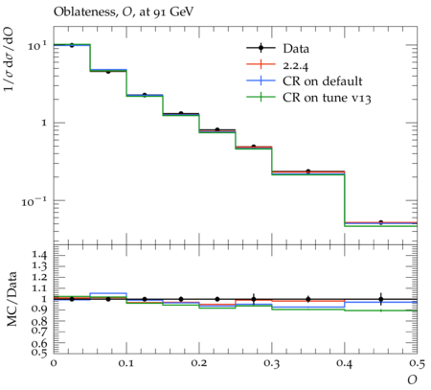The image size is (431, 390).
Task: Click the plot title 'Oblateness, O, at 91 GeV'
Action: [x=124, y=12]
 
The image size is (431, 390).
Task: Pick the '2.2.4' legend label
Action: [x=296, y=65]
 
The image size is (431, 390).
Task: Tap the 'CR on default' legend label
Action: [x=323, y=81]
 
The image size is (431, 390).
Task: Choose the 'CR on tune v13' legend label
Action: [x=327, y=98]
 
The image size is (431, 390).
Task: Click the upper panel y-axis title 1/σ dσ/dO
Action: [x=9, y=58]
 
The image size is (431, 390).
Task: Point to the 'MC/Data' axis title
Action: [x=11, y=299]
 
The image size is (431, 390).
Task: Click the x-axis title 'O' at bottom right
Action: [x=412, y=379]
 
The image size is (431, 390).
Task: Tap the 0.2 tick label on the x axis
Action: [x=199, y=363]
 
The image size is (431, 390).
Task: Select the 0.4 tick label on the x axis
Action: [x=344, y=363]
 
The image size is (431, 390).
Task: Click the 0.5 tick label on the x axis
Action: [x=417, y=363]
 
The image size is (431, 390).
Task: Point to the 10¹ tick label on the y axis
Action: [x=37, y=46]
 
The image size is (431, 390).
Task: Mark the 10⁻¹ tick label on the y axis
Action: [x=34, y=202]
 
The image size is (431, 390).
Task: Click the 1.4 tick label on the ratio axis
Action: [x=39, y=255]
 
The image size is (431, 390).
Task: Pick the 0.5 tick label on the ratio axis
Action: [x=39, y=353]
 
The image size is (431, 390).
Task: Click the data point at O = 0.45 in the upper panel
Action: [x=380, y=222]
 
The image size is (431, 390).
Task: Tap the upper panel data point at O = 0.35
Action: [x=308, y=172]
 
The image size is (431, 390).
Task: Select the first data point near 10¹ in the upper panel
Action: [x=72, y=45]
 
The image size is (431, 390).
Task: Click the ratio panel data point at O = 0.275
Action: [x=254, y=299]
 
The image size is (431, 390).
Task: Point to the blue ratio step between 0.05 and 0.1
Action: [x=108, y=293]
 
